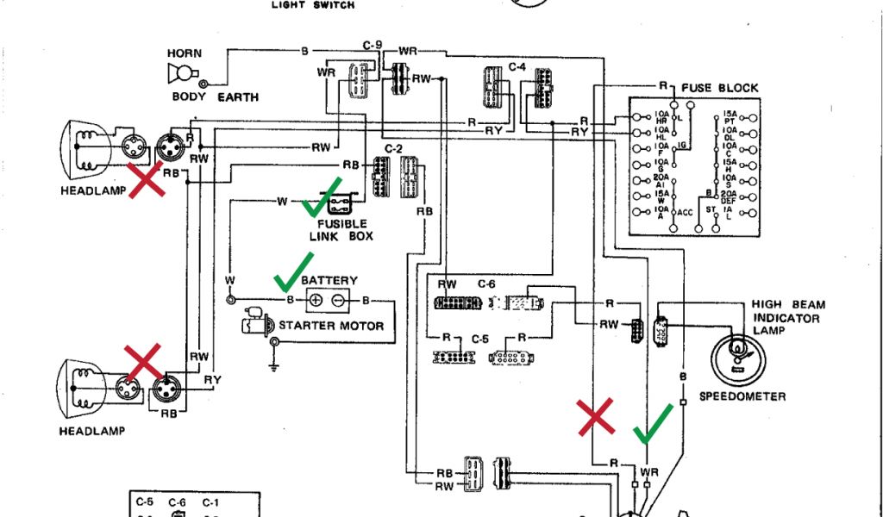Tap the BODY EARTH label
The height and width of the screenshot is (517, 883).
(x=215, y=97)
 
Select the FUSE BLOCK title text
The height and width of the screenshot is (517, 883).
(x=720, y=88)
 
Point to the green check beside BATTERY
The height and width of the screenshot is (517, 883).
(x=294, y=271)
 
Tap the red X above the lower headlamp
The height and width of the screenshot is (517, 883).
(x=142, y=363)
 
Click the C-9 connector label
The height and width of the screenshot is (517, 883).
(x=373, y=43)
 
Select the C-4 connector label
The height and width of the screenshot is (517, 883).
(x=517, y=66)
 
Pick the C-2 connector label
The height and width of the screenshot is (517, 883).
(x=393, y=148)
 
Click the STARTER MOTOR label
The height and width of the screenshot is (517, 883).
(x=331, y=326)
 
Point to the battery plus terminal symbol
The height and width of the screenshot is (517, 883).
(x=316, y=300)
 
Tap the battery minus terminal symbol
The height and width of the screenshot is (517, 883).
(x=339, y=300)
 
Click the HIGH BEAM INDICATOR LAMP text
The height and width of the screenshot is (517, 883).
(x=787, y=317)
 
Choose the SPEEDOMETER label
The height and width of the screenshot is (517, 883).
(x=742, y=396)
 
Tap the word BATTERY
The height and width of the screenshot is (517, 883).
(x=329, y=281)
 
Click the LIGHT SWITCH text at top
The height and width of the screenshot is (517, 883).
(x=313, y=5)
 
